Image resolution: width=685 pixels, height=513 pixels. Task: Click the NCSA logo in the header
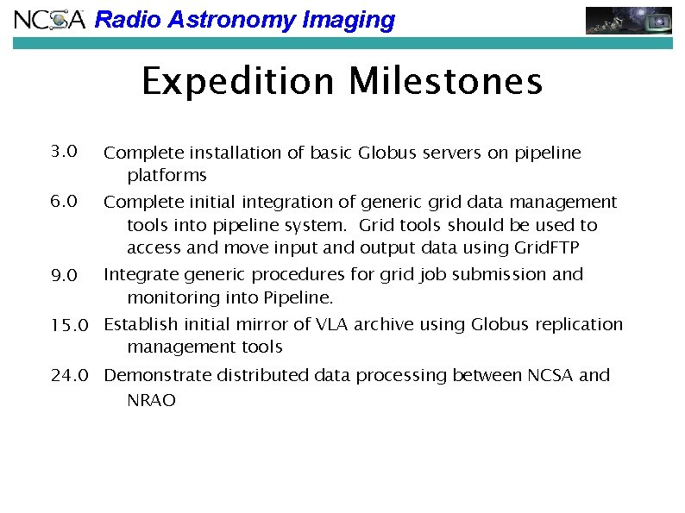(x=50, y=20)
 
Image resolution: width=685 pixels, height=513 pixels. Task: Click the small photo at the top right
(x=629, y=20)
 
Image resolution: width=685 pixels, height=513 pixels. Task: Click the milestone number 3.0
(x=65, y=153)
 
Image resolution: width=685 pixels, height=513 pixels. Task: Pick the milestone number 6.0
(x=65, y=202)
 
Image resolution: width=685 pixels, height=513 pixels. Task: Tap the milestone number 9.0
(x=65, y=276)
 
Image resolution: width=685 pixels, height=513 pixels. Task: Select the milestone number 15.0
(x=70, y=325)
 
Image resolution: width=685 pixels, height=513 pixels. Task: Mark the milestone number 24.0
(x=70, y=376)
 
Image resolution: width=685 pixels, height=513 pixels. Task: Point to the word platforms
(x=167, y=176)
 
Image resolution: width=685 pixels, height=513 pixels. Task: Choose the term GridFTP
(x=546, y=249)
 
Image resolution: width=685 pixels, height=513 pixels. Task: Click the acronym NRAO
(x=151, y=401)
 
